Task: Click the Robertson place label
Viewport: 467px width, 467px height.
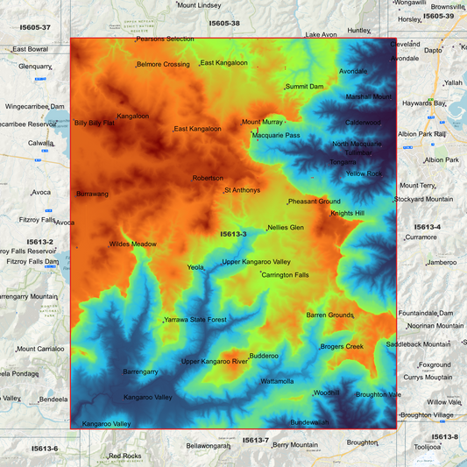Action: pos(208,178)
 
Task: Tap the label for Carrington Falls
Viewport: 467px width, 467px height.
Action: pos(285,275)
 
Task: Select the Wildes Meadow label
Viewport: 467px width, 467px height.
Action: pos(133,244)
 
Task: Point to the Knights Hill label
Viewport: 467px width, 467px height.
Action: pos(347,213)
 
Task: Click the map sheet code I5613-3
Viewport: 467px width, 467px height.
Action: pos(233,234)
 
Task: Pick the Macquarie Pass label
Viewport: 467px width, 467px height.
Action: pos(276,136)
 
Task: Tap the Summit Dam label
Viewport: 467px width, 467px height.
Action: pos(305,87)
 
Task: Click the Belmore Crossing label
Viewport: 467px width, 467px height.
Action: pos(164,64)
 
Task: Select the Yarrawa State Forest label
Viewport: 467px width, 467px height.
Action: pos(195,320)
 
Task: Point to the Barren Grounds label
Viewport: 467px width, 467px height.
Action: pos(329,315)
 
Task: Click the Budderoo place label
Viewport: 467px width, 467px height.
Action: pos(264,356)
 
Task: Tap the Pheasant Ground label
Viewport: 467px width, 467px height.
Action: pos(315,202)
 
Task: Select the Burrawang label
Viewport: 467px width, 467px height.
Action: pos(94,193)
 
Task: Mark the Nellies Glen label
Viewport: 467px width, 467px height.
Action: pos(286,227)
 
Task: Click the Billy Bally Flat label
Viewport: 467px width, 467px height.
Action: pos(95,123)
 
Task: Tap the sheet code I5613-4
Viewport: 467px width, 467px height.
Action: pos(427,227)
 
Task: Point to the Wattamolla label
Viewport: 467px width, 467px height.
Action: pos(277,381)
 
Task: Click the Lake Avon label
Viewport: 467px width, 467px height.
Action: pos(321,34)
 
